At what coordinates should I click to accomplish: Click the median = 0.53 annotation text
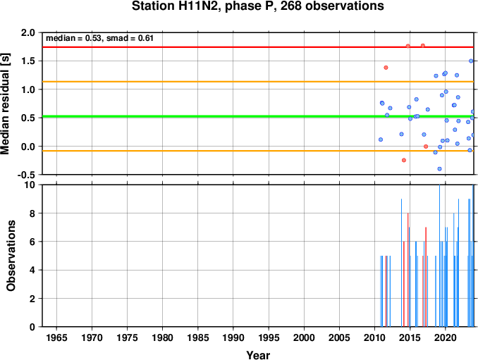pos(73,38)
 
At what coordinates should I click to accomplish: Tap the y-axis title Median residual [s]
pos(6,104)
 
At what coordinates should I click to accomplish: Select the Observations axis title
pos(11,256)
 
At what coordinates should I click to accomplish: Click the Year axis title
pos(258,355)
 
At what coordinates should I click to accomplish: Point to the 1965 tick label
pos(56,337)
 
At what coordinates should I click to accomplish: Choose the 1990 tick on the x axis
pos(233,337)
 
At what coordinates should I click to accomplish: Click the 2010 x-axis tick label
pos(374,337)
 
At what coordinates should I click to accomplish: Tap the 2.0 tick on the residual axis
pos(28,32)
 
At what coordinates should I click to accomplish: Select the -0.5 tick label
pos(27,175)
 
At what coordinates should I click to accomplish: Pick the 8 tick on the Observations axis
pos(32,213)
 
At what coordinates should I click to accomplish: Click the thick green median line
pos(258,116)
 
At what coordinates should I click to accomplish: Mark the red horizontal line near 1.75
pos(258,47)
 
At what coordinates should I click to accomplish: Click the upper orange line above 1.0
pos(258,82)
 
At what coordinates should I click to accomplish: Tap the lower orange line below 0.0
pos(258,151)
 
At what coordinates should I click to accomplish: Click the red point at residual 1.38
pos(386,68)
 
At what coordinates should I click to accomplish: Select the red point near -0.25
pos(404,160)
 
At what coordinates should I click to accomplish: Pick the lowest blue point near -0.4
pos(440,169)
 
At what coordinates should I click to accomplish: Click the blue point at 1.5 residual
pos(471,61)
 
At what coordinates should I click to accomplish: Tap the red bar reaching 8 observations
pos(408,270)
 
